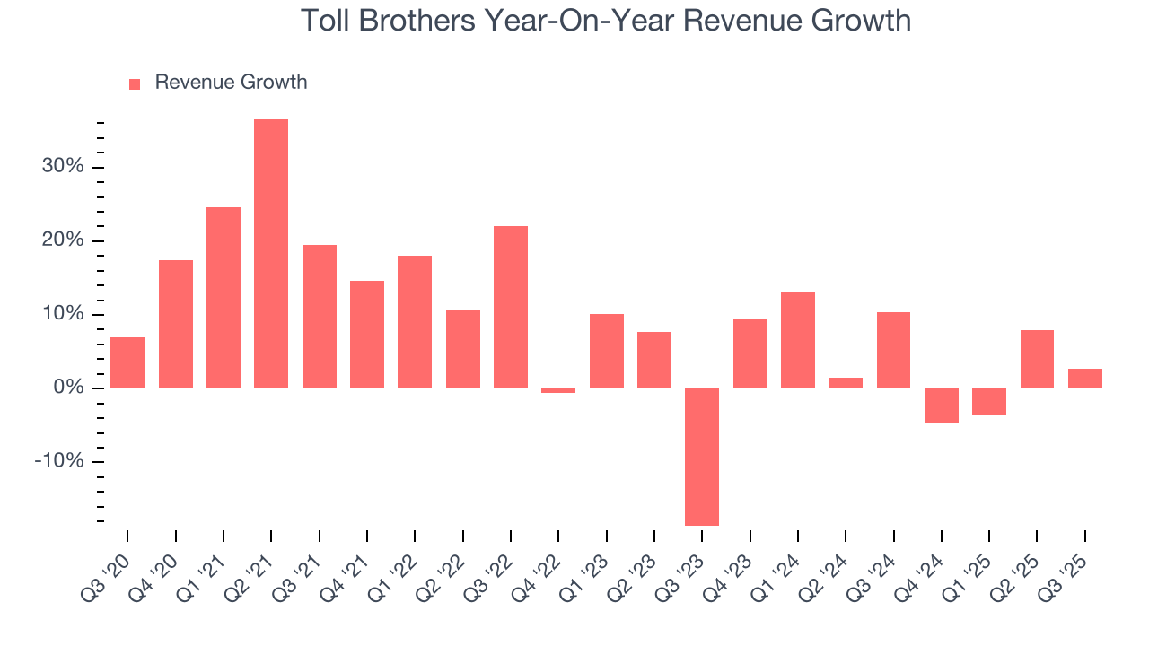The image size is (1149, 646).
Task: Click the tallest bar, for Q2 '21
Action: pyautogui.click(x=271, y=254)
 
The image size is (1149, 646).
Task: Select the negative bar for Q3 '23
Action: pyautogui.click(x=702, y=457)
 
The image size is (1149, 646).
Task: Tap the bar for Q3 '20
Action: pyautogui.click(x=127, y=362)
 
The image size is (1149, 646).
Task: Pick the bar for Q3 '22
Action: pyautogui.click(x=511, y=307)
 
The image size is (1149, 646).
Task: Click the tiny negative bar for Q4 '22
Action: pyautogui.click(x=558, y=390)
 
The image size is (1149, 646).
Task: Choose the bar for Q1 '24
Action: pyautogui.click(x=798, y=340)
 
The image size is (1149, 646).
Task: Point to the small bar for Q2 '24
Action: pyautogui.click(x=846, y=383)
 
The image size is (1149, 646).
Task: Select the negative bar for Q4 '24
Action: pyautogui.click(x=942, y=405)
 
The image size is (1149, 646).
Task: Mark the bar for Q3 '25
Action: pyautogui.click(x=1085, y=379)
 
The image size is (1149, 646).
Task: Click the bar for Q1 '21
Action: pyautogui.click(x=224, y=298)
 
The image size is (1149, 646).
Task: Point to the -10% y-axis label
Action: pyautogui.click(x=59, y=461)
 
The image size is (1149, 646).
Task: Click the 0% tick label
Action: pyautogui.click(x=67, y=388)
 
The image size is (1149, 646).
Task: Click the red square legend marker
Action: pyautogui.click(x=135, y=83)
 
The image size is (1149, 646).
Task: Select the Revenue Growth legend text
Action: pyautogui.click(x=231, y=83)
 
